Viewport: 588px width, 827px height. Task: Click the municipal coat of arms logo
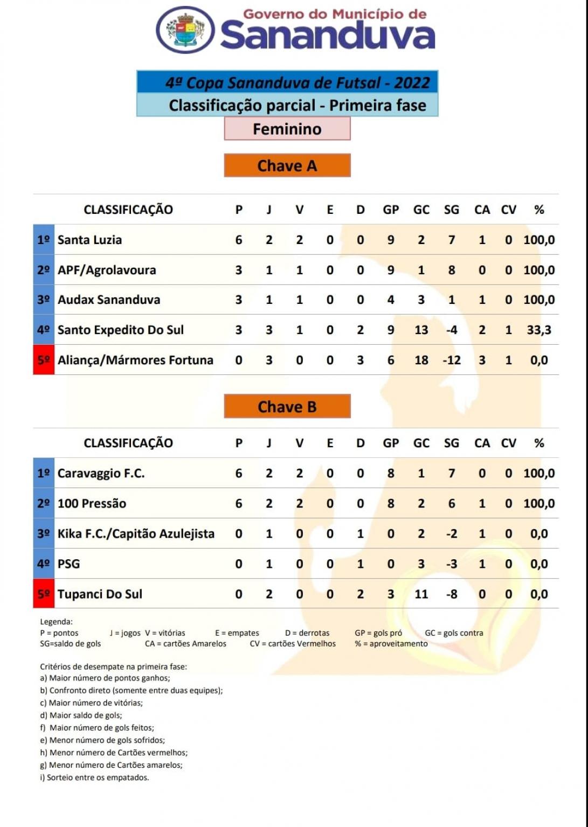(x=185, y=30)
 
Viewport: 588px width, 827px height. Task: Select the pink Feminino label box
(x=287, y=129)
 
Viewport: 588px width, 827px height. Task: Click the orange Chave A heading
(x=287, y=165)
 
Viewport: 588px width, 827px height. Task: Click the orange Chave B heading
(x=287, y=406)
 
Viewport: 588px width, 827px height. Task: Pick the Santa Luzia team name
(x=89, y=240)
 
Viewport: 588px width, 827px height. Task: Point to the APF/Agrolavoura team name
(x=107, y=270)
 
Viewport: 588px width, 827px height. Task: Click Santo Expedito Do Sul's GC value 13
(x=421, y=330)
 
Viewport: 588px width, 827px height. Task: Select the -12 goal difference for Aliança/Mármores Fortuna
(x=451, y=360)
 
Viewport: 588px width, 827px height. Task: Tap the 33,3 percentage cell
(x=539, y=330)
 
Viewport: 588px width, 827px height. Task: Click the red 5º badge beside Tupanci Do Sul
(x=44, y=594)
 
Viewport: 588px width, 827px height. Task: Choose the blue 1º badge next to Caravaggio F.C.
(x=44, y=473)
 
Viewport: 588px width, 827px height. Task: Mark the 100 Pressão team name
(x=92, y=503)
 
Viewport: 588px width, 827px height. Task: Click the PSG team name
(x=68, y=564)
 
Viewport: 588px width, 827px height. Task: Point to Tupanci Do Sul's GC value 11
(x=421, y=594)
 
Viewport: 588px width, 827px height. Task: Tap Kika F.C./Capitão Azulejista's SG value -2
(x=451, y=533)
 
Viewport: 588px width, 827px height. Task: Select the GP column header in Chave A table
(x=391, y=210)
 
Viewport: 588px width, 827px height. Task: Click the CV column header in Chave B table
(x=508, y=443)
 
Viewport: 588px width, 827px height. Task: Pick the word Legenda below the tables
(x=56, y=622)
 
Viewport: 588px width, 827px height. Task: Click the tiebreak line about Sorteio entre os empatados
(x=94, y=777)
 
